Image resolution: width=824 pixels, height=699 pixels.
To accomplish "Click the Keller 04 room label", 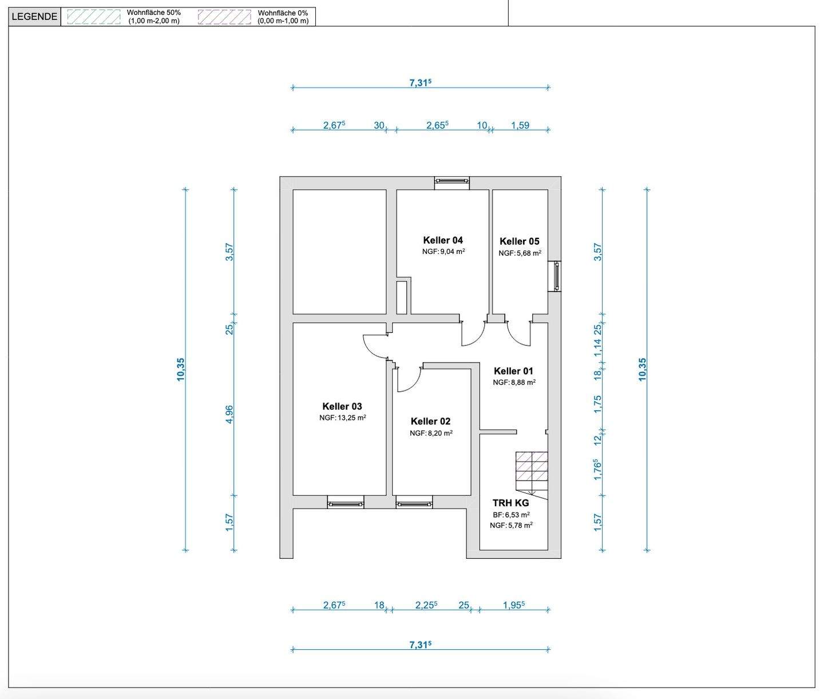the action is coord(443,240).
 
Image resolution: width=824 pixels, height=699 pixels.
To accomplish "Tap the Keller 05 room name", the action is coord(520,241).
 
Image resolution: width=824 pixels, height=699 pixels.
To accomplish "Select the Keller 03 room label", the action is coord(342,407).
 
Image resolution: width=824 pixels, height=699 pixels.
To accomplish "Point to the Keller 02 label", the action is coord(430,421).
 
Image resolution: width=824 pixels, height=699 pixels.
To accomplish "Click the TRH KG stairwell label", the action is coord(510,503).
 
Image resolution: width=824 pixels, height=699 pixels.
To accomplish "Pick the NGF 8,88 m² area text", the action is coord(514,382).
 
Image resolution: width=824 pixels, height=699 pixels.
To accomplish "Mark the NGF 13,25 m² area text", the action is coord(343,418).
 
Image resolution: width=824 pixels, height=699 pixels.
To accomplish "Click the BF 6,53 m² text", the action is coord(512,515).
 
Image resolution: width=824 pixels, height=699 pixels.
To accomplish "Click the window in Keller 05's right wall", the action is coord(554,276).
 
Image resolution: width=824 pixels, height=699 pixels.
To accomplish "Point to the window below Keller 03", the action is coord(346,502).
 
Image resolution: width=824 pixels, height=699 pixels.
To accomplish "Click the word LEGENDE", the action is coord(34,17).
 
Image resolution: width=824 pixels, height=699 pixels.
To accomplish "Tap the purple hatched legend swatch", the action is coord(224,17).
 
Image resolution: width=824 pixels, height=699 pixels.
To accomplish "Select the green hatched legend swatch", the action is coord(94,17).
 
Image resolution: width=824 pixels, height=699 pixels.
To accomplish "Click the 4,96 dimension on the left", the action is coord(229,415).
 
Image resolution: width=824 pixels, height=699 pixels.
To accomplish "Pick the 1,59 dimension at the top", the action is coord(520,125).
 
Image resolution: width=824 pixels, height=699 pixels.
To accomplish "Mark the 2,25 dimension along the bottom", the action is coord(426,605).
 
